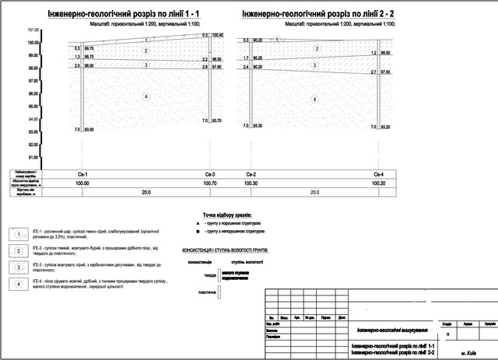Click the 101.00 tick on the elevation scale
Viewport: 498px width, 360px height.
(33, 30)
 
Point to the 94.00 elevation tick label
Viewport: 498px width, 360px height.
(33, 120)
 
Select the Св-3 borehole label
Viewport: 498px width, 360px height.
(209, 173)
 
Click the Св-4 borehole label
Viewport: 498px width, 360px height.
(379, 173)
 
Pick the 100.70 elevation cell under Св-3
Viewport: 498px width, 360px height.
(209, 183)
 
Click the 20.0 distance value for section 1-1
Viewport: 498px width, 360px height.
(145, 192)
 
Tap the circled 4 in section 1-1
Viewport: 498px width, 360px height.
(145, 96)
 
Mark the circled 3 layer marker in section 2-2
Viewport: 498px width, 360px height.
(314, 65)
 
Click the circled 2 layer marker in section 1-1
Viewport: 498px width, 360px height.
(145, 51)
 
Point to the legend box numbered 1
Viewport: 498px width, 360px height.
(16, 233)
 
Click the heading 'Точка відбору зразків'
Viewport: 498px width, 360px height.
(229, 215)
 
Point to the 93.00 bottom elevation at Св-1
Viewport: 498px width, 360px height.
(89, 129)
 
